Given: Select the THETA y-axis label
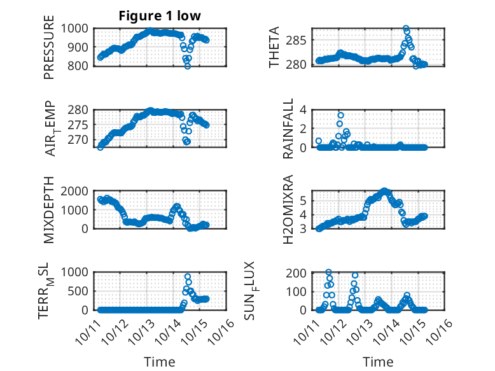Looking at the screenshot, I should click(x=274, y=47).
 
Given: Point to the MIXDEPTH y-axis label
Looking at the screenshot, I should click(x=49, y=210).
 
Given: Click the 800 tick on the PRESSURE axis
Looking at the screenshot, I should click(x=80, y=66).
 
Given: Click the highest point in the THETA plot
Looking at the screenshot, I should click(x=405, y=29).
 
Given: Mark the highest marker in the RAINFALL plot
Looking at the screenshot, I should click(x=341, y=115).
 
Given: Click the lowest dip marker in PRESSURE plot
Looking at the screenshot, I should click(x=187, y=66).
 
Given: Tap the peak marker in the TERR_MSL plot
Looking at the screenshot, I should click(x=187, y=277).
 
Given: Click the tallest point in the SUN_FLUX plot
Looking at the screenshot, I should click(x=329, y=272).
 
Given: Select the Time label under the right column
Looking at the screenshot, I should click(x=378, y=361).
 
